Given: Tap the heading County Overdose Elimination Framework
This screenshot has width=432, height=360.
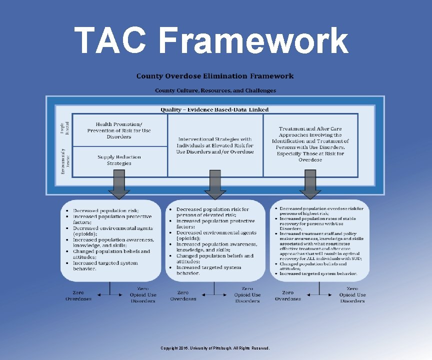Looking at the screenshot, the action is point(215,76).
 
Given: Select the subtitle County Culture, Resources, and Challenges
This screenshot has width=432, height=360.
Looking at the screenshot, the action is point(215,90).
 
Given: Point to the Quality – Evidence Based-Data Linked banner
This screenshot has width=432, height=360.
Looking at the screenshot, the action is point(214,109).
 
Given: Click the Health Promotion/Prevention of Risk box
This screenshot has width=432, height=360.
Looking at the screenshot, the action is point(119,130).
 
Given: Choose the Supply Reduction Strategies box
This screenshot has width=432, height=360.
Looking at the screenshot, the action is point(119,160).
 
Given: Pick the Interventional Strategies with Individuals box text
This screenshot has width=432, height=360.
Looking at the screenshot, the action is point(215,145).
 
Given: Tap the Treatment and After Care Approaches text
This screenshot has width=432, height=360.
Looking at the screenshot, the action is point(310,144).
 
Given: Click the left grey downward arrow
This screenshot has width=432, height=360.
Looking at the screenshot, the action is point(119,185).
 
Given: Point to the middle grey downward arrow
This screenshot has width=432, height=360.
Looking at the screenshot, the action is point(215,185).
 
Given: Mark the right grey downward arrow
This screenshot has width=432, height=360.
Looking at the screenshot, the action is point(310,185).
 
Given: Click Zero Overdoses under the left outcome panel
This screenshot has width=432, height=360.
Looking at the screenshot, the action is point(78,295).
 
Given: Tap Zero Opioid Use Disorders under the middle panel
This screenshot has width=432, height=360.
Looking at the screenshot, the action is point(247,295).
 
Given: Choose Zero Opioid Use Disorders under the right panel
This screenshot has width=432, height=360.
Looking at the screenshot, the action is point(352,295).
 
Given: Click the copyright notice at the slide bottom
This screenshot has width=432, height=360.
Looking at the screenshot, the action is point(215,348).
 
